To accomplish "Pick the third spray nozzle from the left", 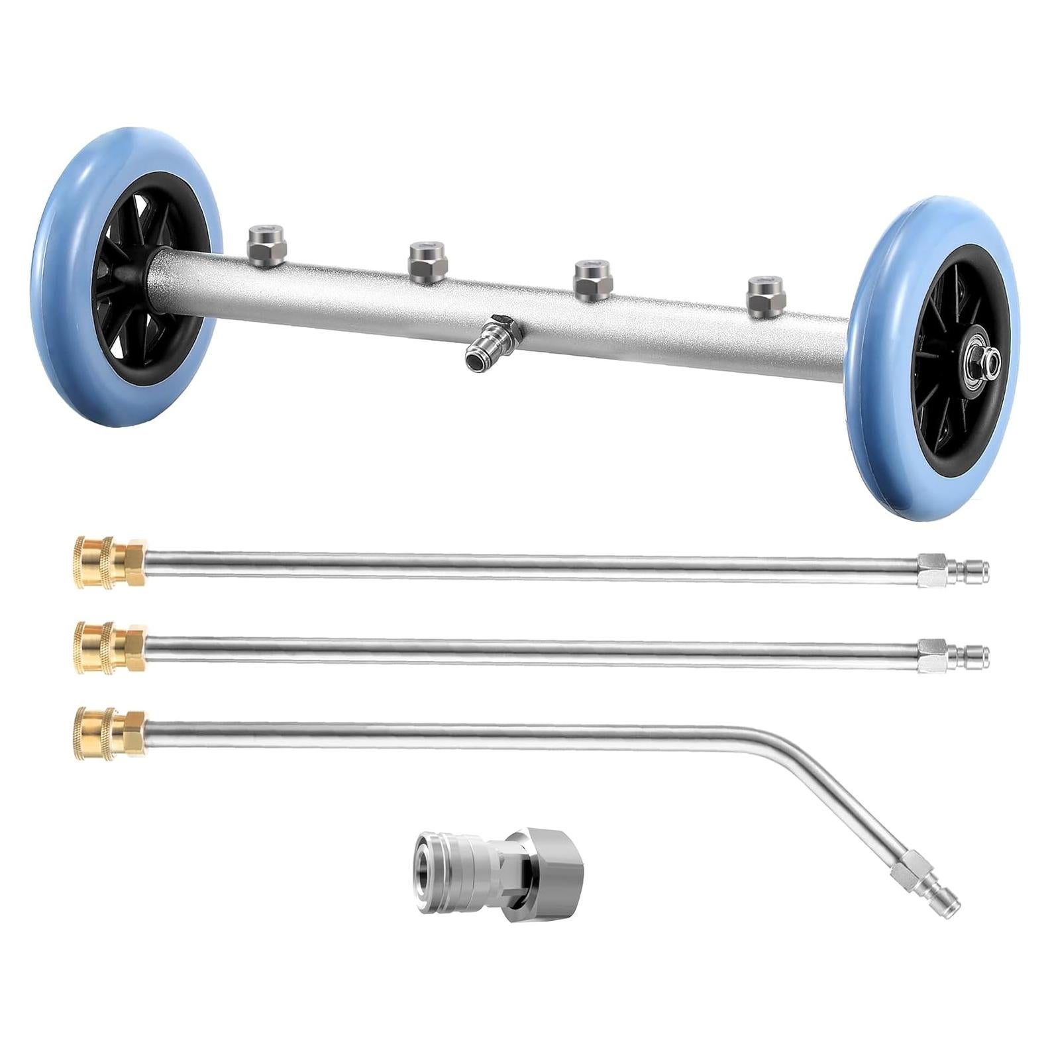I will tap(591, 280).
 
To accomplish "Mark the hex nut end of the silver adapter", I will tap(530, 874).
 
